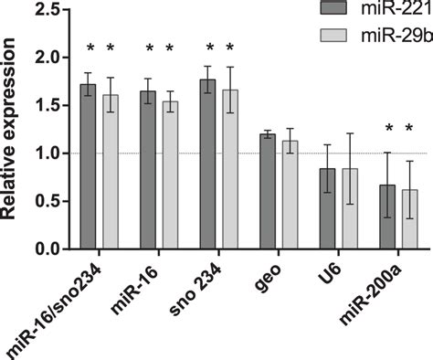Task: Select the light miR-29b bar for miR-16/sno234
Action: click(x=110, y=174)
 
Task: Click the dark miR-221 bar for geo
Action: click(x=267, y=192)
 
